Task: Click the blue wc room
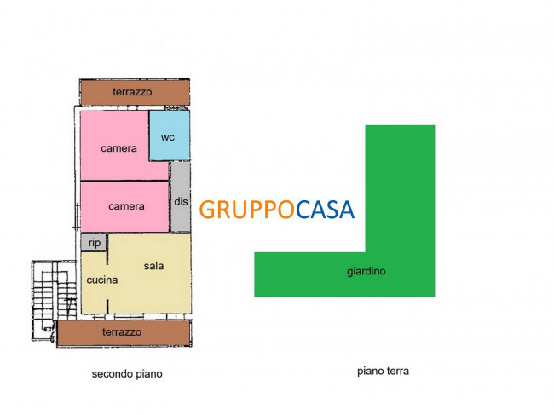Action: [x=170, y=135]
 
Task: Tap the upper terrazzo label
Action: [x=132, y=92]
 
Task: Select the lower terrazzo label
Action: [x=122, y=332]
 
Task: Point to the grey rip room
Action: [x=94, y=242]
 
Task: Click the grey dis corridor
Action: [x=181, y=197]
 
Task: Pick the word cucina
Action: [x=102, y=280]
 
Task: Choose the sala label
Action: [x=153, y=266]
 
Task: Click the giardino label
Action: [x=366, y=272]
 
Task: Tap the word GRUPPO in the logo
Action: [x=246, y=210]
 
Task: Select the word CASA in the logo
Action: [x=325, y=210]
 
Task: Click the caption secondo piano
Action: [x=127, y=374]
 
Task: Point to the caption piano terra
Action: [x=383, y=372]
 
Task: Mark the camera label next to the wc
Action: [x=118, y=148]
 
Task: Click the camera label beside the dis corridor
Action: [x=126, y=206]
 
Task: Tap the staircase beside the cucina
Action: [x=54, y=300]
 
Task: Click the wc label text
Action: [x=168, y=137]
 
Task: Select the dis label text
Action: [x=181, y=201]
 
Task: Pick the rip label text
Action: [x=95, y=243]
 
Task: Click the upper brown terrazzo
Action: [x=135, y=92]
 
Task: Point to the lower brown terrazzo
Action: [x=124, y=332]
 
